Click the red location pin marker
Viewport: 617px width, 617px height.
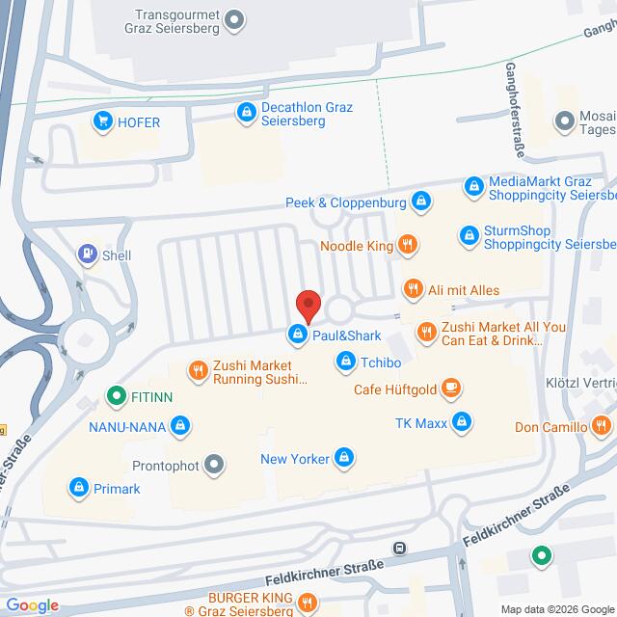pos(308,305)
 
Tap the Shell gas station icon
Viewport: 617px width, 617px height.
pos(88,255)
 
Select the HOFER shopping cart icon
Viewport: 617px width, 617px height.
pos(101,121)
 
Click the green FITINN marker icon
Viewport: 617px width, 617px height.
pos(115,394)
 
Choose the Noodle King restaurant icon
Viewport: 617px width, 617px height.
pos(408,246)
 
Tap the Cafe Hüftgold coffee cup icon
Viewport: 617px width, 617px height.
pos(450,389)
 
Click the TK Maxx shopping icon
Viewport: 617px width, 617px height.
pos(463,422)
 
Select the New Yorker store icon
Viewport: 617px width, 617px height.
pos(343,459)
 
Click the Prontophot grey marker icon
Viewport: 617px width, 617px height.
pos(214,466)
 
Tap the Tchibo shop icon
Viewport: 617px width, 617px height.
pos(344,361)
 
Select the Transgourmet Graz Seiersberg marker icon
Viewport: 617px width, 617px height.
pos(234,17)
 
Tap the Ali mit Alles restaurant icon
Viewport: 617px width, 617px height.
pos(413,289)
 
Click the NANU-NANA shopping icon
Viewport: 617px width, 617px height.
pos(178,424)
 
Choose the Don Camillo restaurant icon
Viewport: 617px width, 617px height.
pos(602,426)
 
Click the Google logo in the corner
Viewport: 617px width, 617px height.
pos(31,604)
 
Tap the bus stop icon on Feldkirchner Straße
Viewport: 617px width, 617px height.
pos(398,549)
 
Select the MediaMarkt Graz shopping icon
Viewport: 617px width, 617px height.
pos(472,186)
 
